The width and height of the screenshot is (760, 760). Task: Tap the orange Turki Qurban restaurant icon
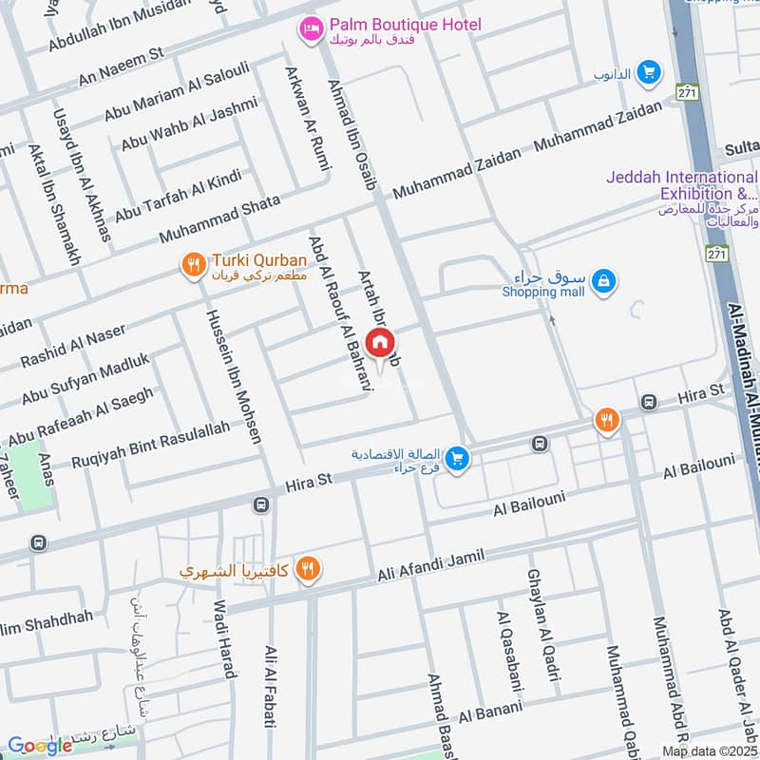[x=194, y=266]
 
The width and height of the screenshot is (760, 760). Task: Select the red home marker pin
[x=379, y=342]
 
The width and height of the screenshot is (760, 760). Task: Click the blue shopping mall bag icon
[x=602, y=280]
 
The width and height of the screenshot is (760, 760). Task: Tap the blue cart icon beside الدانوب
[x=649, y=72]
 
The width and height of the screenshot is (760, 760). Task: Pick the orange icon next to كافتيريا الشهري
[x=307, y=569]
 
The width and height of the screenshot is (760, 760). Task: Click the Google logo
[x=39, y=746]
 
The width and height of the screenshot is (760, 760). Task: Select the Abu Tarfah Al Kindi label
[x=178, y=196]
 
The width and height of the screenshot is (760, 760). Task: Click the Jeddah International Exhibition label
[x=682, y=185]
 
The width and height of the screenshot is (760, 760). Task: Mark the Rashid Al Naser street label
[x=73, y=347]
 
